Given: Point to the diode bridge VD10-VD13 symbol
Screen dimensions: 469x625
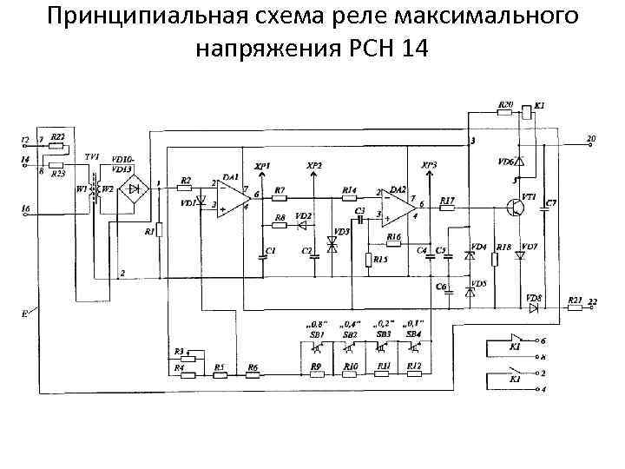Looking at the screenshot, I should point(134,188).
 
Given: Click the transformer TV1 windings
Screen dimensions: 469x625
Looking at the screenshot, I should point(95,188).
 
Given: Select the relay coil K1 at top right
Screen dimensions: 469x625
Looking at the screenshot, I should point(527,114).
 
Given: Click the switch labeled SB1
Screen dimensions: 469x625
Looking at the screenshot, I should point(317,347).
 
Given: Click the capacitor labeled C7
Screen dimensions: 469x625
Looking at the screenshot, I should point(549,208).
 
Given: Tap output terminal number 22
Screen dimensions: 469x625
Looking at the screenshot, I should point(593,301).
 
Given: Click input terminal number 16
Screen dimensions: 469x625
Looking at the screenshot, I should point(25,209).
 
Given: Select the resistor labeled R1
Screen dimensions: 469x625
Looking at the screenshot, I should point(157,232).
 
